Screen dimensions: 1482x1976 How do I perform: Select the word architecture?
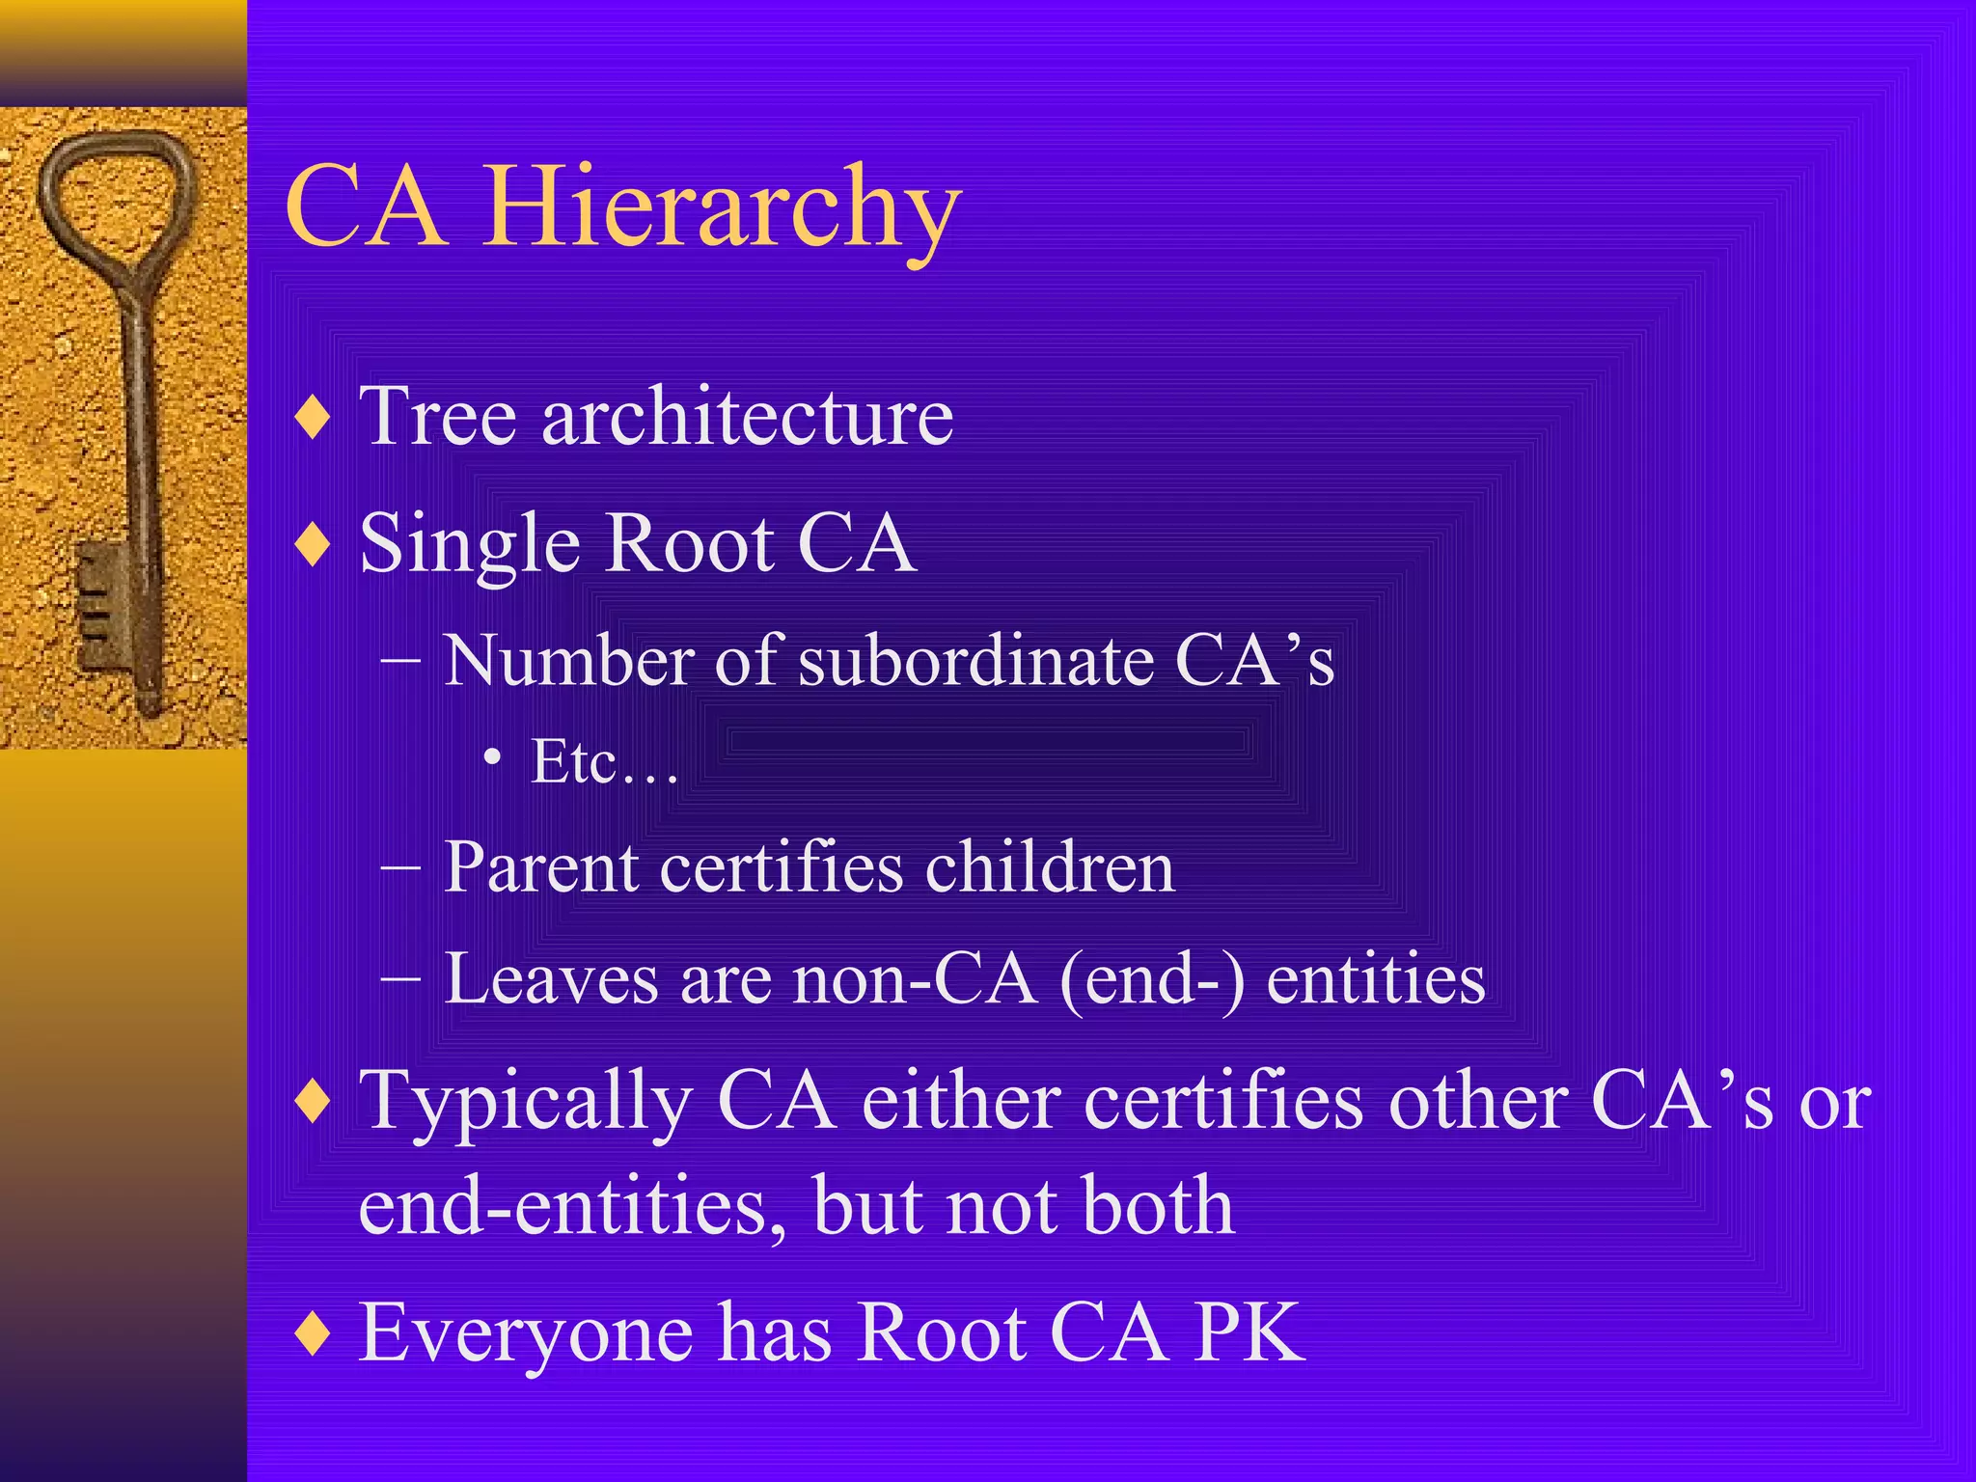[x=748, y=417]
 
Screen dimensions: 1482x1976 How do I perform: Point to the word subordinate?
[x=975, y=662]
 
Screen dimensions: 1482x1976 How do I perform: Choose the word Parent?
[x=540, y=867]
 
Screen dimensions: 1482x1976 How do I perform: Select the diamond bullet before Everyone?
[x=314, y=1334]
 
